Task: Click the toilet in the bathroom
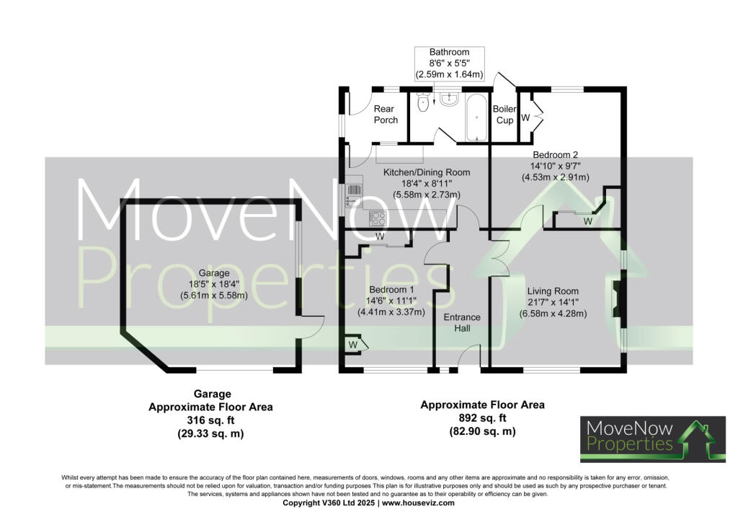[423, 105]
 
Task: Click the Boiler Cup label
[504, 115]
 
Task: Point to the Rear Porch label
[386, 115]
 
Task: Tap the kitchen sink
[353, 191]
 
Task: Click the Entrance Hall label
[461, 322]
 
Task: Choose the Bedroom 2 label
[555, 154]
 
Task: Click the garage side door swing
[311, 328]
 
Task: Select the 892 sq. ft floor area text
[482, 418]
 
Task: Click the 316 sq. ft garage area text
[212, 420]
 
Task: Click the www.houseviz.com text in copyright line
[419, 503]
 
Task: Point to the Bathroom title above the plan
[449, 53]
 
